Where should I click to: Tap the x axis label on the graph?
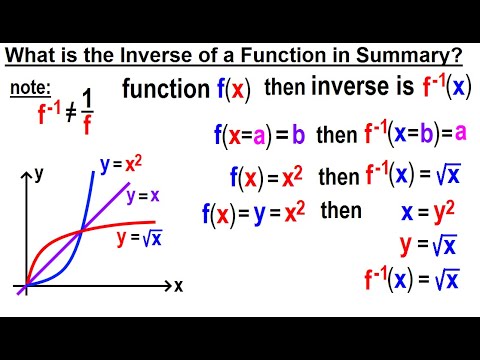(178, 285)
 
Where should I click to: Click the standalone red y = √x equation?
(428, 245)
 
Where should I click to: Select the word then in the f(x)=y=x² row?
(340, 211)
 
